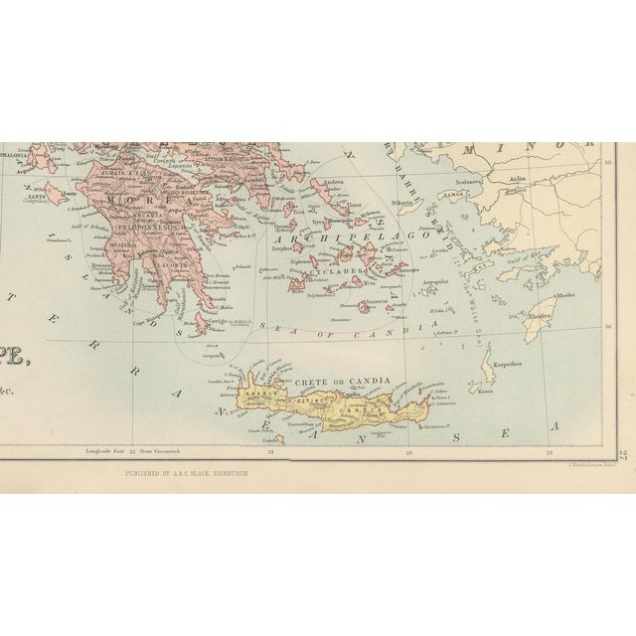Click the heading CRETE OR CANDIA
tap(328, 382)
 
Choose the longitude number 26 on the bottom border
tap(409, 450)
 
